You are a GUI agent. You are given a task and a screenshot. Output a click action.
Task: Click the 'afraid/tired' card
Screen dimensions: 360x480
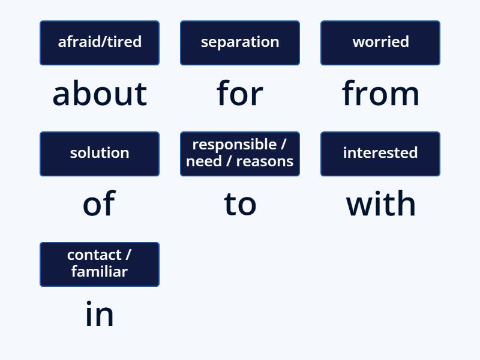point(100,43)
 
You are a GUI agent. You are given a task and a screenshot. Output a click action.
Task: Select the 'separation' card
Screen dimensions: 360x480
point(240,43)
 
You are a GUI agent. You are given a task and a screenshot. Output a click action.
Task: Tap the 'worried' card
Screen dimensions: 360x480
point(380,43)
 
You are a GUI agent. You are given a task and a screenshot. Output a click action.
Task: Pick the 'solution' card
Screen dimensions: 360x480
point(100,154)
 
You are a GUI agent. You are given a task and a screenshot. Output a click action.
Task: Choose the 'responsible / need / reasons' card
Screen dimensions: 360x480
point(240,154)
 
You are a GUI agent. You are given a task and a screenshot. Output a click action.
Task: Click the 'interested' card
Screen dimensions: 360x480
point(380,154)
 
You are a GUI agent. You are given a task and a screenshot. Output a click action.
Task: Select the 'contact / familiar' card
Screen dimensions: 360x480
point(100,264)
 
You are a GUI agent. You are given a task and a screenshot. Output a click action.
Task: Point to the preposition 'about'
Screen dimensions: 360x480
point(100,94)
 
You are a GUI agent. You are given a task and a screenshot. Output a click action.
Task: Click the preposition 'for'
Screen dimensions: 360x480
point(240,94)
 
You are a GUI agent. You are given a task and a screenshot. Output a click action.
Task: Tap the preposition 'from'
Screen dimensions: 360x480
point(380,94)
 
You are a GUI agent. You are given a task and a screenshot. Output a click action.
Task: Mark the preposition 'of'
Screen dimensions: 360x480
point(99,204)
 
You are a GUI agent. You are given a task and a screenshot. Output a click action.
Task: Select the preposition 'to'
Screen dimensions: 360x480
point(240,204)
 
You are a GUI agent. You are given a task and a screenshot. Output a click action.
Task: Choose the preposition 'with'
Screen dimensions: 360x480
point(380,204)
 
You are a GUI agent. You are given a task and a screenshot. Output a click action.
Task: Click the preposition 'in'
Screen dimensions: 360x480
point(100,314)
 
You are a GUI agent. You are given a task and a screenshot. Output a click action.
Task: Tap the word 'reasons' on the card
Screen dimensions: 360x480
point(265,161)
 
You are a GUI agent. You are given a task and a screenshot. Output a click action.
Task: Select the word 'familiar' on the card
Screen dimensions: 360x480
point(100,272)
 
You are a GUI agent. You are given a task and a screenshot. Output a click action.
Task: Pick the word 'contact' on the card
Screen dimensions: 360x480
point(94,255)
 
